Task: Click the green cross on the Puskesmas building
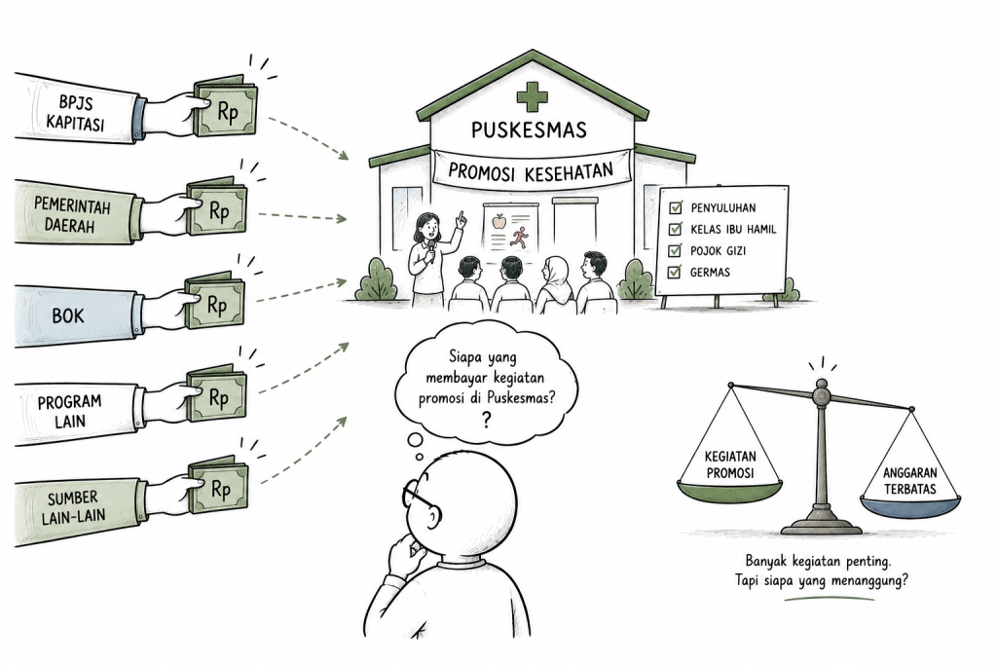532,97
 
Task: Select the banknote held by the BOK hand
215,303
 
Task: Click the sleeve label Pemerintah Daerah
72,215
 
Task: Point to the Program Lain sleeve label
69,411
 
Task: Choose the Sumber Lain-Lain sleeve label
74,506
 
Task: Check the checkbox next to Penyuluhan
676,207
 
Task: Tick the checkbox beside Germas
675,273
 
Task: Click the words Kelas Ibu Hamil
733,230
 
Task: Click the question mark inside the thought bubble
487,420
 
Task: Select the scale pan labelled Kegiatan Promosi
730,490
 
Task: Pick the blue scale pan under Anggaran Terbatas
910,506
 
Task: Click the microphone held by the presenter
430,250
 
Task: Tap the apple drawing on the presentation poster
499,221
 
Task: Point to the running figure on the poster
520,238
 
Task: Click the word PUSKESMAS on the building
529,130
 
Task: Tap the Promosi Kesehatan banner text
531,171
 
